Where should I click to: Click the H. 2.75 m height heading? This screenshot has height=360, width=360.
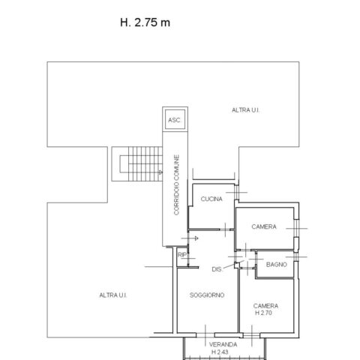pyautogui.click(x=145, y=22)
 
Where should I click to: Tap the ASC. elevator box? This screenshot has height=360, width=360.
pyautogui.click(x=175, y=119)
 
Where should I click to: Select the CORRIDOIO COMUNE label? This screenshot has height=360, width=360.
pyautogui.click(x=176, y=184)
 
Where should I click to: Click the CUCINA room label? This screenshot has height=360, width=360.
pyautogui.click(x=211, y=199)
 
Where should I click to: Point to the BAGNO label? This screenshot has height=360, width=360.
pyautogui.click(x=277, y=264)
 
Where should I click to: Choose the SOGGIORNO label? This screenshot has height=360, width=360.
pyautogui.click(x=207, y=295)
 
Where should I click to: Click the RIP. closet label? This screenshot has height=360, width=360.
pyautogui.click(x=182, y=255)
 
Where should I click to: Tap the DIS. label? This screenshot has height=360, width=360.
pyautogui.click(x=217, y=269)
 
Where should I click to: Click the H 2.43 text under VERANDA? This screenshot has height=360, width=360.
pyautogui.click(x=220, y=352)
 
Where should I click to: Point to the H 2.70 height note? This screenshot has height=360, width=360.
pyautogui.click(x=263, y=313)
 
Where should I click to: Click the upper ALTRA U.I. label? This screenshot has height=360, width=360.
pyautogui.click(x=245, y=110)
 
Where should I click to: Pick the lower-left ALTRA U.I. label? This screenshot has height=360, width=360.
pyautogui.click(x=113, y=295)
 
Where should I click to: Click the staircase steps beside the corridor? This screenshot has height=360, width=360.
pyautogui.click(x=145, y=163)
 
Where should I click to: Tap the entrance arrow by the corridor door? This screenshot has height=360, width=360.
pyautogui.click(x=190, y=238)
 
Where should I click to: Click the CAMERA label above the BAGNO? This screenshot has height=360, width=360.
pyautogui.click(x=264, y=226)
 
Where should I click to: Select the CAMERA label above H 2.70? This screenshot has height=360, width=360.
pyautogui.click(x=265, y=306)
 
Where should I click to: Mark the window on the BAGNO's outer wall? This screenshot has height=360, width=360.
pyautogui.click(x=296, y=256)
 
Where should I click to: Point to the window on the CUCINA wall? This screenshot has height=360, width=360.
pyautogui.click(x=236, y=193)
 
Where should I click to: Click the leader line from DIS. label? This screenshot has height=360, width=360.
pyautogui.click(x=233, y=265)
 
